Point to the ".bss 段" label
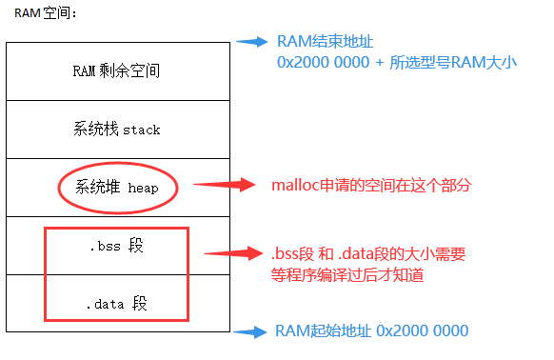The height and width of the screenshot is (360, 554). tap(115, 246)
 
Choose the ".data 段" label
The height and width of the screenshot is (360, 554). tap(115, 305)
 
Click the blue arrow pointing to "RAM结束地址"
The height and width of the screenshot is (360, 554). tap(251, 41)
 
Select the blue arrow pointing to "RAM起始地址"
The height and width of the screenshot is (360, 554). tap(251, 332)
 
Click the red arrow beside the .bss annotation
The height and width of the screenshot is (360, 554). tap(234, 253)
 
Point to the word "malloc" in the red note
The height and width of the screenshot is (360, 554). tap(298, 184)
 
